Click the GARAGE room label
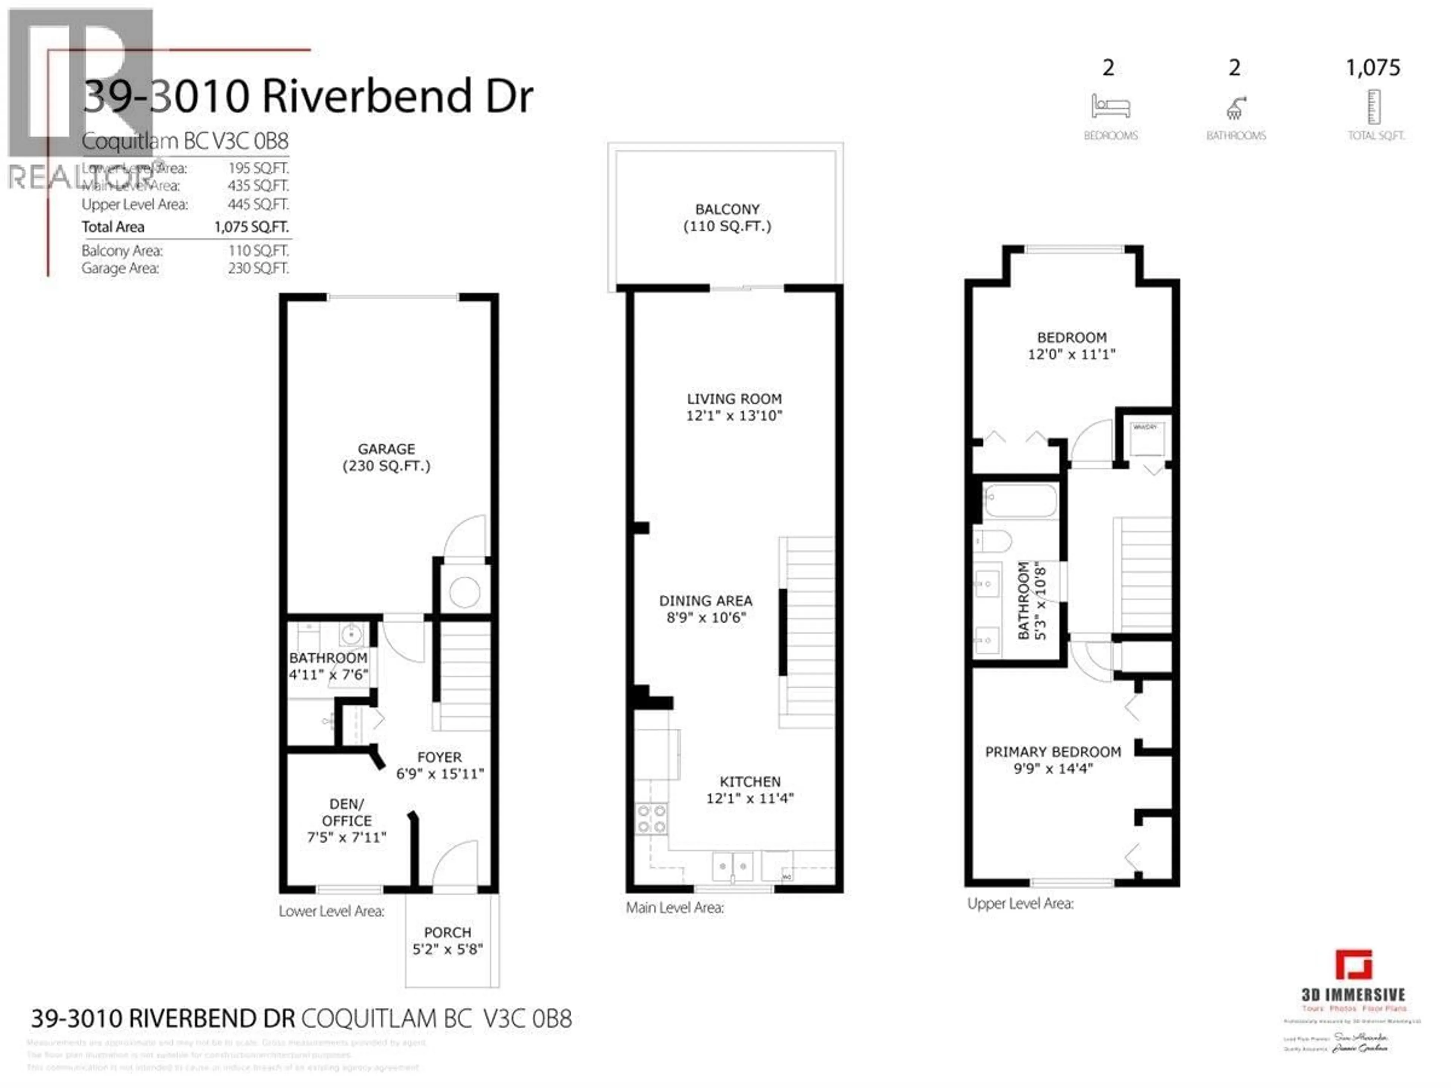coord(386,449)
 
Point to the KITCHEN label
coord(750,782)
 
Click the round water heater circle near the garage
coord(464,593)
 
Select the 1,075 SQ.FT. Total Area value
coord(251,227)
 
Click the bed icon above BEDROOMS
coord(1110,106)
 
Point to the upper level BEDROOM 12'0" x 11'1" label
coord(1071,346)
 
